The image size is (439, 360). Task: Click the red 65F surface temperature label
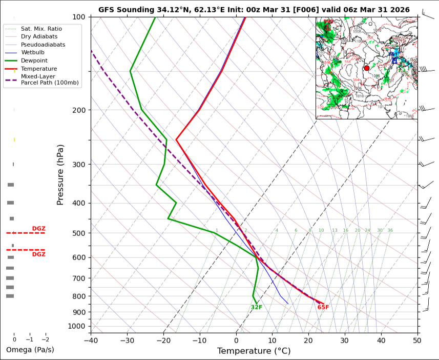pyautogui.click(x=323, y=307)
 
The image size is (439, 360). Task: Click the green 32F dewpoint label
pyautogui.click(x=257, y=307)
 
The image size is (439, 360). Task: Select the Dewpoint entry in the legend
pyautogui.click(x=32, y=61)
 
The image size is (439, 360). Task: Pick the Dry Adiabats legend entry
pyautogui.click(x=39, y=36)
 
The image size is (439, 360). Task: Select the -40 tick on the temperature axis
pyautogui.click(x=91, y=339)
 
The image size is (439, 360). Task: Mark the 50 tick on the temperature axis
pyautogui.click(x=417, y=339)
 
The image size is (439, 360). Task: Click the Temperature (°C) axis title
pyautogui.click(x=254, y=351)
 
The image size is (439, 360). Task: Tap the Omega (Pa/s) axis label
pyautogui.click(x=30, y=350)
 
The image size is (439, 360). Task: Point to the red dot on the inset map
pyautogui.click(x=366, y=68)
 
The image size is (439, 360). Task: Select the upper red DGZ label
pyautogui.click(x=39, y=228)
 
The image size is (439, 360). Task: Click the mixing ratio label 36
pyautogui.click(x=390, y=230)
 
